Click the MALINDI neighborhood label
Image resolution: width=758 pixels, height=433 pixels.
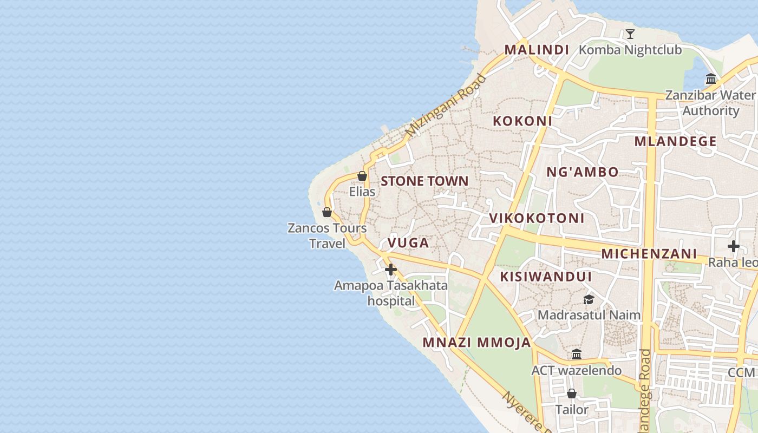click(x=537, y=50)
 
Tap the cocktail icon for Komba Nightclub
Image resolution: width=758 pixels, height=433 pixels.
click(x=630, y=34)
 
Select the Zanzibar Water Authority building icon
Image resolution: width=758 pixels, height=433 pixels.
click(x=711, y=79)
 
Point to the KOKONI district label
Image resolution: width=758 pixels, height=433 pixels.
click(x=522, y=121)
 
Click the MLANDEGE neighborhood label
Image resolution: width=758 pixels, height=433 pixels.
click(x=675, y=142)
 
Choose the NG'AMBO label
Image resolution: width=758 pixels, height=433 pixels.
click(x=582, y=173)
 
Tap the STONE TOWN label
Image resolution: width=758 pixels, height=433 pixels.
click(x=424, y=181)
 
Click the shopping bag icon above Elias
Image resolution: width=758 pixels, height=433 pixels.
click(x=362, y=176)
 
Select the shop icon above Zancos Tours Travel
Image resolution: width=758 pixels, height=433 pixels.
click(x=326, y=212)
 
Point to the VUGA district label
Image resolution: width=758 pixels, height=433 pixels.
click(x=409, y=243)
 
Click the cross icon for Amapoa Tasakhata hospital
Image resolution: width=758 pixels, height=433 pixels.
click(x=391, y=269)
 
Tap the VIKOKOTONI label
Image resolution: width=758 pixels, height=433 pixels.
click(x=537, y=219)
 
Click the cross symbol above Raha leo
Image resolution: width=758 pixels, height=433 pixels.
click(x=733, y=246)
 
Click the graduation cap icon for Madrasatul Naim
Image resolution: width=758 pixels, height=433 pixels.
click(x=589, y=299)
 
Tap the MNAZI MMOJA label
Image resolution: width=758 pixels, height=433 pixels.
click(x=476, y=343)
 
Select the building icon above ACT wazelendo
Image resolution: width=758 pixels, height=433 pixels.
click(x=577, y=355)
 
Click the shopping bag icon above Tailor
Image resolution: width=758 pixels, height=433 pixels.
click(x=571, y=393)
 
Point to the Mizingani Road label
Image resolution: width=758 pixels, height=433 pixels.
click(x=446, y=105)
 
